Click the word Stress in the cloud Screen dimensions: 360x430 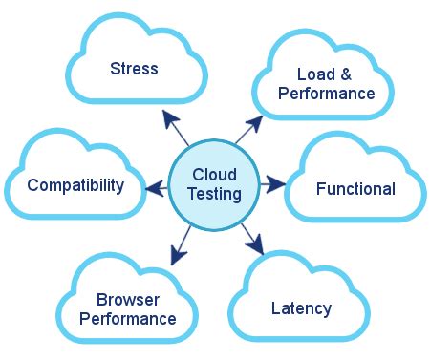(134, 69)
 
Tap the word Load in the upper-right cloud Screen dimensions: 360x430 (312, 74)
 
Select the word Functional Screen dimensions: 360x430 (355, 189)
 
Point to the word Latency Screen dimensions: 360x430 (301, 308)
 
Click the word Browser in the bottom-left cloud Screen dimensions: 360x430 (128, 299)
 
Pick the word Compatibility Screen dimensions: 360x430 (75, 184)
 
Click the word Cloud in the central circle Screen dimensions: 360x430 (214, 175)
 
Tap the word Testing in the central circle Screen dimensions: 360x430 (214, 194)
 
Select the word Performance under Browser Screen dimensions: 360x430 (128, 319)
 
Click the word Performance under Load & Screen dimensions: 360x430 (327, 94)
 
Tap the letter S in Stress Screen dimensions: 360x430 (115, 69)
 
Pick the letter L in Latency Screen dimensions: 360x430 (276, 308)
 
